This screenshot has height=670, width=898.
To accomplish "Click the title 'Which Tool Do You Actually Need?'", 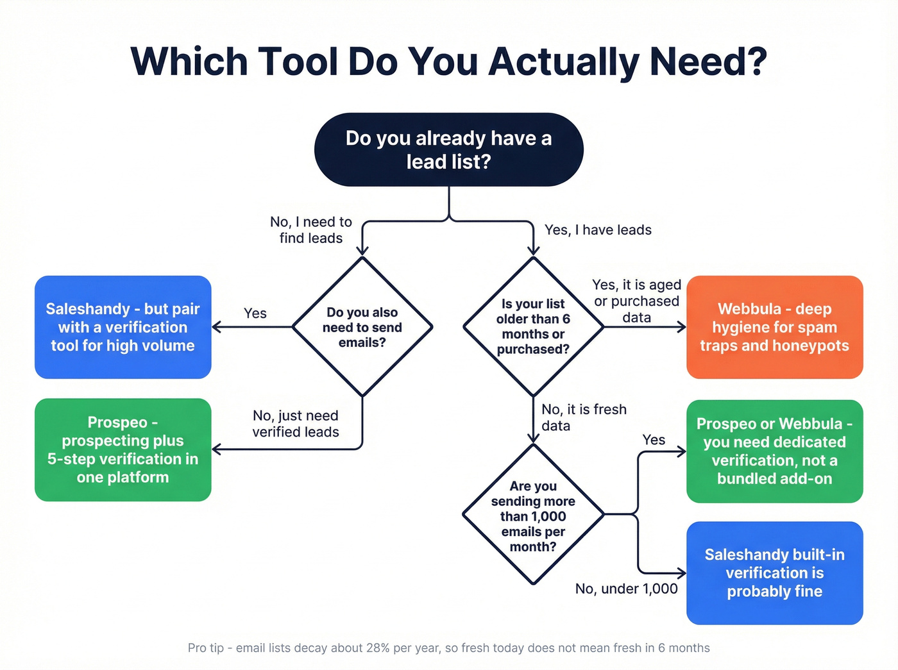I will click(x=448, y=62).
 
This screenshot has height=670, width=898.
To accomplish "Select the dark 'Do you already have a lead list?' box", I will click(x=448, y=150).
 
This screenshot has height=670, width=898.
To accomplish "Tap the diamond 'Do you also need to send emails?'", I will click(x=362, y=327).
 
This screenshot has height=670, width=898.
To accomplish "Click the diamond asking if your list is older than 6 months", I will click(x=533, y=327).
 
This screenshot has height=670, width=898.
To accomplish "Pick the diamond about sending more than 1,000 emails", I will click(x=533, y=515).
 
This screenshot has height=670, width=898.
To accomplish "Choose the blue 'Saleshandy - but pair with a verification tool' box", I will click(x=123, y=327).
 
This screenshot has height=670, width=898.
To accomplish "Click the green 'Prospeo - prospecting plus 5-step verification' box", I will click(x=123, y=449).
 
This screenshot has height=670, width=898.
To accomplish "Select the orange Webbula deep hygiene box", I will click(x=774, y=327).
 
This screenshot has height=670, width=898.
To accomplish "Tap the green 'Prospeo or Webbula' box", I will click(x=774, y=451).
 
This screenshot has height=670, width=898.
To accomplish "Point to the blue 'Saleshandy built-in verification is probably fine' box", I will click(x=774, y=573).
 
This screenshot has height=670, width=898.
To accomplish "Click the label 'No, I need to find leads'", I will click(x=311, y=230).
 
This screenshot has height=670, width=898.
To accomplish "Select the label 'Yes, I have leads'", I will click(x=598, y=230).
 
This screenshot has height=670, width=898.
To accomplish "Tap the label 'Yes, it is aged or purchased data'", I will click(x=636, y=301).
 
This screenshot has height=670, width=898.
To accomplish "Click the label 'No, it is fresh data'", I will click(x=584, y=417).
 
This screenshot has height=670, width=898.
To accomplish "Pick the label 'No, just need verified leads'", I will click(x=296, y=424).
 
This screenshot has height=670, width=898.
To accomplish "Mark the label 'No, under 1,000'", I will click(x=626, y=589).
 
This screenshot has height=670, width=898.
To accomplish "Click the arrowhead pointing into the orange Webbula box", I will click(x=681, y=327).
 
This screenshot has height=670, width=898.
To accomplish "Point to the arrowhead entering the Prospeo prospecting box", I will click(x=217, y=449).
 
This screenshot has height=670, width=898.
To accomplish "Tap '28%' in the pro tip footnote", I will click(x=378, y=648).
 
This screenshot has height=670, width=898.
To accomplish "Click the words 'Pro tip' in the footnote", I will click(x=206, y=648).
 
